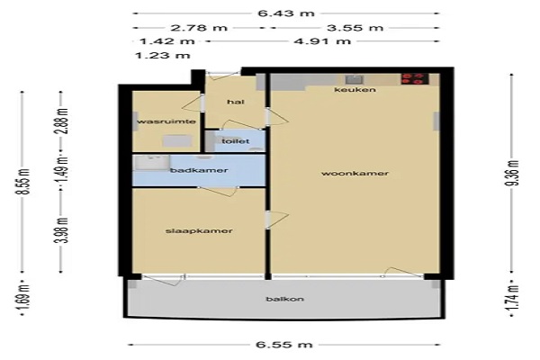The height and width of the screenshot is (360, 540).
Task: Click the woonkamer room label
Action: tap(355, 174)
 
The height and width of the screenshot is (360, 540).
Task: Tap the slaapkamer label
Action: tap(199, 230)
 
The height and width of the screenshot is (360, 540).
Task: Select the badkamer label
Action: tap(199, 170)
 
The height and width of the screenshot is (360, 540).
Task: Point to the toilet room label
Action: tap(236, 141)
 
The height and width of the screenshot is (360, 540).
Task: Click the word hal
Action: tap(236, 102)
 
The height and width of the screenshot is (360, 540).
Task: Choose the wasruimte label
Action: tap(166, 121)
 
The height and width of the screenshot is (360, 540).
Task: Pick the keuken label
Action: tap(355, 90)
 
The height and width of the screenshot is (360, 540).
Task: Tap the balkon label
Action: tap(284, 299)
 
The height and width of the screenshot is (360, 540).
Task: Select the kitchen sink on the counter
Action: tap(355, 79)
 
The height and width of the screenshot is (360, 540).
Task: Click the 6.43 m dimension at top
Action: tap(286, 13)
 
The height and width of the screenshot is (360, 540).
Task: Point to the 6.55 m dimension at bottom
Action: tap(284, 345)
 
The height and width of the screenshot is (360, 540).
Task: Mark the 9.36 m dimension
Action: tap(513, 174)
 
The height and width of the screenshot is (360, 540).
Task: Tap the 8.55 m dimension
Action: tap(24, 182)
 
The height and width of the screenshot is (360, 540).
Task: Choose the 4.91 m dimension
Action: tap(322, 41)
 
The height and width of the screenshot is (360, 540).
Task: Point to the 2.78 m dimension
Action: tap(199, 28)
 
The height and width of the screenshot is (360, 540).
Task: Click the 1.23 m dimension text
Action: tap(162, 56)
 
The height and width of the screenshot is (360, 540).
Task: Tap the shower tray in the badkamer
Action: tap(152, 163)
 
